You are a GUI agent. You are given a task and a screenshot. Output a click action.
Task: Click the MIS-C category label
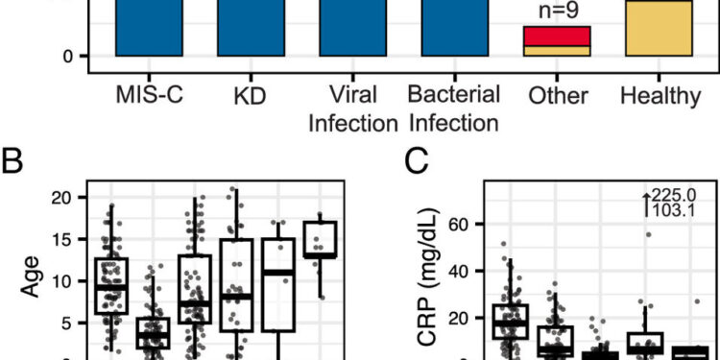[149, 96]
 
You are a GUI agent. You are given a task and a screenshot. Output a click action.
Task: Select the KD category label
[251, 96]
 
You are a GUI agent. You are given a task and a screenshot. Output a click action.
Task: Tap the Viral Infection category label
[352, 109]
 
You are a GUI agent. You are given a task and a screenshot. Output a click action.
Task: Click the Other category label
[556, 96]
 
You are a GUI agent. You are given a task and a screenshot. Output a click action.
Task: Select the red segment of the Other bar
[556, 36]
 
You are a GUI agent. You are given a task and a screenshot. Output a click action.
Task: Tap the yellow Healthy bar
[659, 29]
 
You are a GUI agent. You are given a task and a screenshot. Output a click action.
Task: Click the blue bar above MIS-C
[149, 29]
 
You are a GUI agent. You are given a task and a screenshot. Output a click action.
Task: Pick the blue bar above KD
[251, 29]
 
